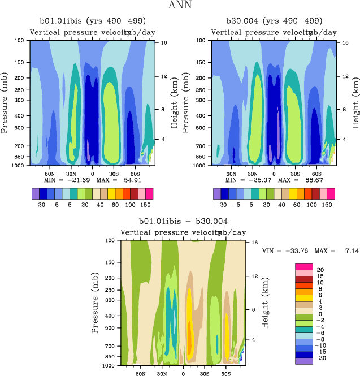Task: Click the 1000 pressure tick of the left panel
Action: click(20, 166)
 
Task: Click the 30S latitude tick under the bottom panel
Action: click(205, 373)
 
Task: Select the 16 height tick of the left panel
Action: click(163, 42)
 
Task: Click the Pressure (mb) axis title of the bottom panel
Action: click(94, 302)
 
